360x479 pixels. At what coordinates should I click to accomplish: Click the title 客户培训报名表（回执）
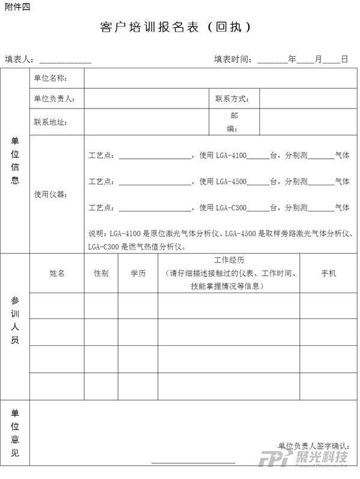[175, 28]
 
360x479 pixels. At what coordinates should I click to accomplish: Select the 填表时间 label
[235, 59]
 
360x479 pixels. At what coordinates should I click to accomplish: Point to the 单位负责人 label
[54, 99]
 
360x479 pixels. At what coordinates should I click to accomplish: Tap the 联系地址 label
[50, 122]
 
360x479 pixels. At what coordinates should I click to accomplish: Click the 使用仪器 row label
[50, 194]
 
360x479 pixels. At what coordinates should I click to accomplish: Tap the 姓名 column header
[57, 273]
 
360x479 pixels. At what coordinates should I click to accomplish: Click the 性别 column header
[101, 273]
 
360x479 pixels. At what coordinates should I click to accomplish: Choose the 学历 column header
[138, 273]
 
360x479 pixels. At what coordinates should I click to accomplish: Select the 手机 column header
[329, 273]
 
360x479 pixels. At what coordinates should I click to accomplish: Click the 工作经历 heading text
[229, 260]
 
